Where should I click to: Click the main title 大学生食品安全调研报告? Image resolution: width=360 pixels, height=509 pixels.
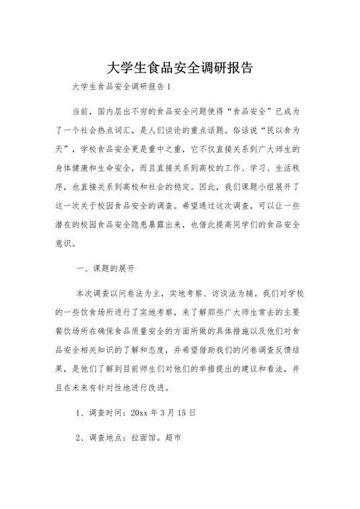tap(179, 68)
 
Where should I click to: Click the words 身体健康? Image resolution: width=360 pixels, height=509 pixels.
tap(74, 168)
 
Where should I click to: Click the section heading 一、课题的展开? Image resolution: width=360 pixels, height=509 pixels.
tap(110, 269)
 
